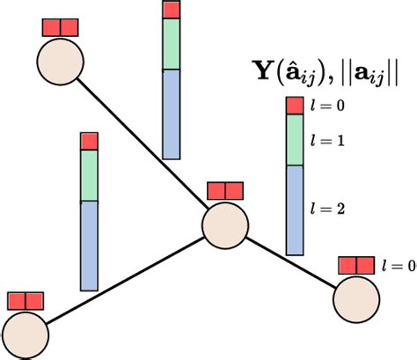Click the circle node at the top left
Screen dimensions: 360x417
[x=61, y=62]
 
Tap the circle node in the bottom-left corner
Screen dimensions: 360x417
[x=25, y=333]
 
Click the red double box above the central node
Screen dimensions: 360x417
[x=223, y=191]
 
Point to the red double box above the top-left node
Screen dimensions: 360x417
[x=61, y=27]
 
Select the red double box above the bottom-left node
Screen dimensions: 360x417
[x=25, y=300]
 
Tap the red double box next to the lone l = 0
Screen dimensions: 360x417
[x=356, y=264]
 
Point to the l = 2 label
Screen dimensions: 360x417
[x=327, y=209]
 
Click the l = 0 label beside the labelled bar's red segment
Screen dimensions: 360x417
[x=327, y=106]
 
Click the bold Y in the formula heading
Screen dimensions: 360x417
[x=261, y=76]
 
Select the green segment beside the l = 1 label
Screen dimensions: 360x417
[x=294, y=140]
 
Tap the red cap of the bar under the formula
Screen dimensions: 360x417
[x=294, y=105]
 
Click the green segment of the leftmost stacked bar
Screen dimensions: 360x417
[x=89, y=176]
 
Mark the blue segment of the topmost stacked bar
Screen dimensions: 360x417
[x=172, y=114]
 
